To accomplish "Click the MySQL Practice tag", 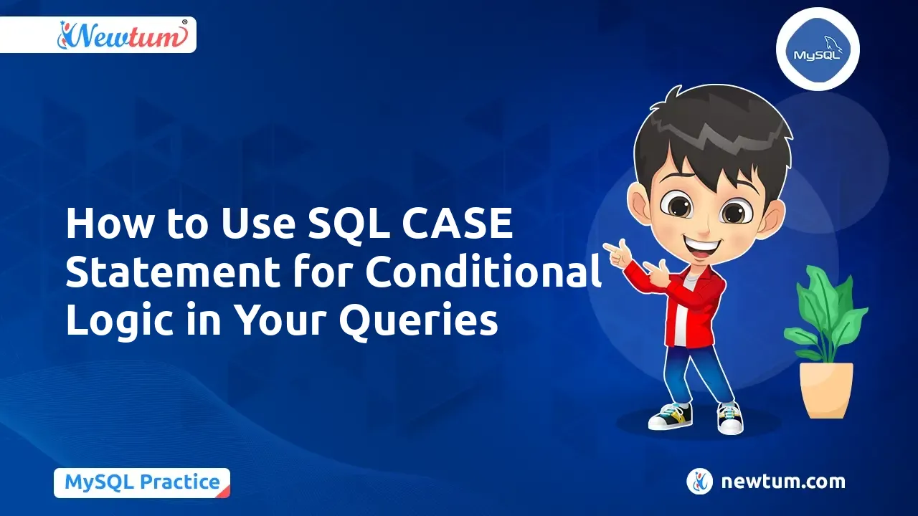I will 142,482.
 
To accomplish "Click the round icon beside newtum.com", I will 699,482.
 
